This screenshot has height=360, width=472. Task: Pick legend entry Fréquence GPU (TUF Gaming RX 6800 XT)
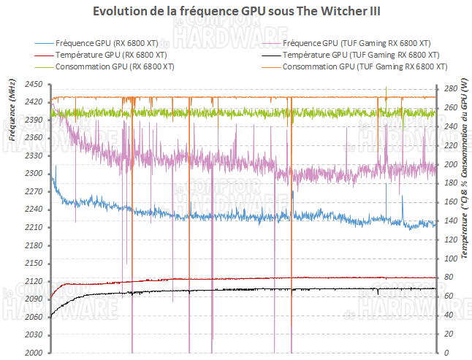click(356, 44)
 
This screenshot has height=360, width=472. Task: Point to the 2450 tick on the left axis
click(34, 84)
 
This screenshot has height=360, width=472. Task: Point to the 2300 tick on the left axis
click(34, 174)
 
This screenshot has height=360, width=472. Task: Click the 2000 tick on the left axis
click(34, 353)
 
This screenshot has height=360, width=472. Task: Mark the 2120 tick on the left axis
click(34, 281)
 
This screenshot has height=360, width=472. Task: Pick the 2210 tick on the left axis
click(34, 227)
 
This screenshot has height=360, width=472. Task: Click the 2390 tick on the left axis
click(34, 120)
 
